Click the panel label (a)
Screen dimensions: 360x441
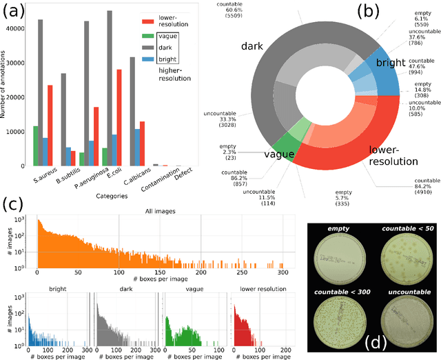click(14, 10)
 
